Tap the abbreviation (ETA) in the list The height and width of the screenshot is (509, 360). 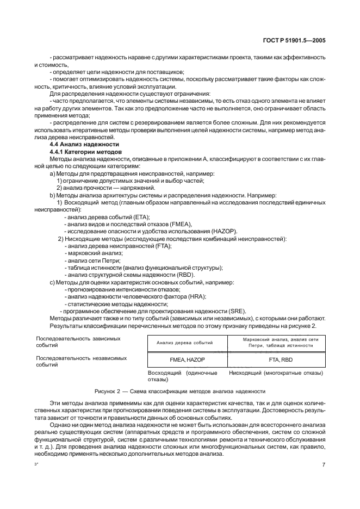pyautogui.click(x=141, y=216)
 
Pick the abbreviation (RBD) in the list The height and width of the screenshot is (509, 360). pyautogui.click(x=184, y=274)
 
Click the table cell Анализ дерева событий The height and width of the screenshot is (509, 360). pyautogui.click(x=185, y=342)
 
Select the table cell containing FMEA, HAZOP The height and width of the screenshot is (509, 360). pyautogui.click(x=185, y=359)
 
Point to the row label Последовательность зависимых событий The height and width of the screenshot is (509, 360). pyautogui.click(x=78, y=342)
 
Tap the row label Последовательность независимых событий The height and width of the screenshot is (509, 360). pyautogui.click(x=81, y=362)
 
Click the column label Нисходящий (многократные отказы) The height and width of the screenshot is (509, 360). pyautogui.click(x=276, y=373)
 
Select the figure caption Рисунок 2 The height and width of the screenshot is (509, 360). pyautogui.click(x=180, y=391)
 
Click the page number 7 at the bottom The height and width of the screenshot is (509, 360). pyautogui.click(x=324, y=465)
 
